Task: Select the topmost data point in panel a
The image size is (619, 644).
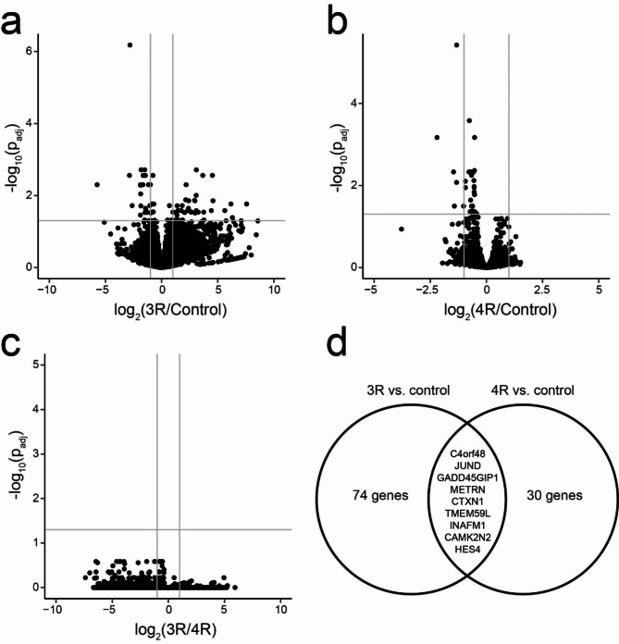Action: [130, 44]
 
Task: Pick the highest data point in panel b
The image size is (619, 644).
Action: [456, 44]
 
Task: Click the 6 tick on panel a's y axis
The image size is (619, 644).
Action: [31, 52]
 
